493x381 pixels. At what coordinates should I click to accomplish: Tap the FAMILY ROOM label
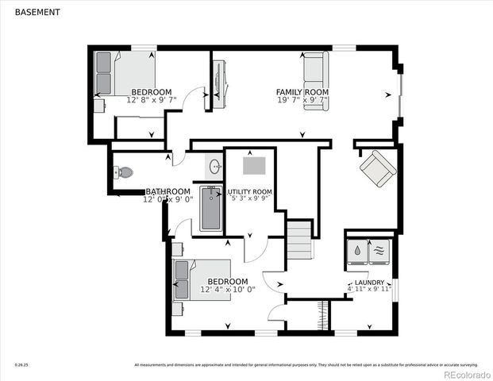[302, 92]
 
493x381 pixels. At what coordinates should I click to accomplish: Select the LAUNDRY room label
[369, 283]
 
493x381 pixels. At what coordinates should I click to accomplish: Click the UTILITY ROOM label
[250, 192]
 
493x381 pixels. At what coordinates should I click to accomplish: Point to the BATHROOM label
[168, 191]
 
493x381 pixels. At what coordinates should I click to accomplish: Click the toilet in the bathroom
[123, 172]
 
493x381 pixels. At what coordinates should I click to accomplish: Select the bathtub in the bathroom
[210, 208]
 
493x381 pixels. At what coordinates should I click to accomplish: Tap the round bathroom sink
[215, 167]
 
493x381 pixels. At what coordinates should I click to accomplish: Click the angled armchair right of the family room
[377, 168]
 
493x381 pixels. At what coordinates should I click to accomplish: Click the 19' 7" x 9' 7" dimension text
[302, 100]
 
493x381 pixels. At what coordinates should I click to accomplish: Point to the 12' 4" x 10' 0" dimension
[228, 290]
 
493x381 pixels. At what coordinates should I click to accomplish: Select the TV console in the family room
[221, 82]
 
